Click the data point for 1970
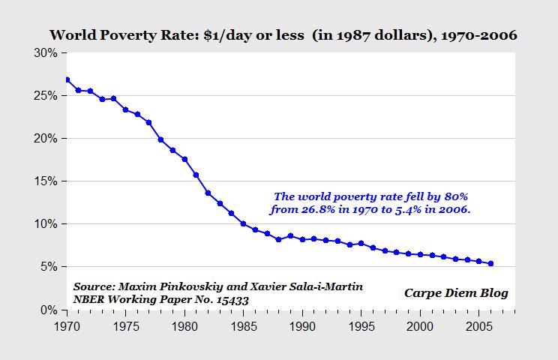click(67, 79)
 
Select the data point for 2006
click(490, 263)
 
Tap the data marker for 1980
click(184, 159)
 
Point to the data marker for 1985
click(243, 223)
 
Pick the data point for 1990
click(302, 239)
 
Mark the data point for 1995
click(361, 243)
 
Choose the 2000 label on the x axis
click(419, 326)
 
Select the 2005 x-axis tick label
click(478, 326)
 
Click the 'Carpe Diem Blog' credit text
click(456, 293)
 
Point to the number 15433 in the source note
click(232, 300)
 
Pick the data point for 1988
click(278, 239)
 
